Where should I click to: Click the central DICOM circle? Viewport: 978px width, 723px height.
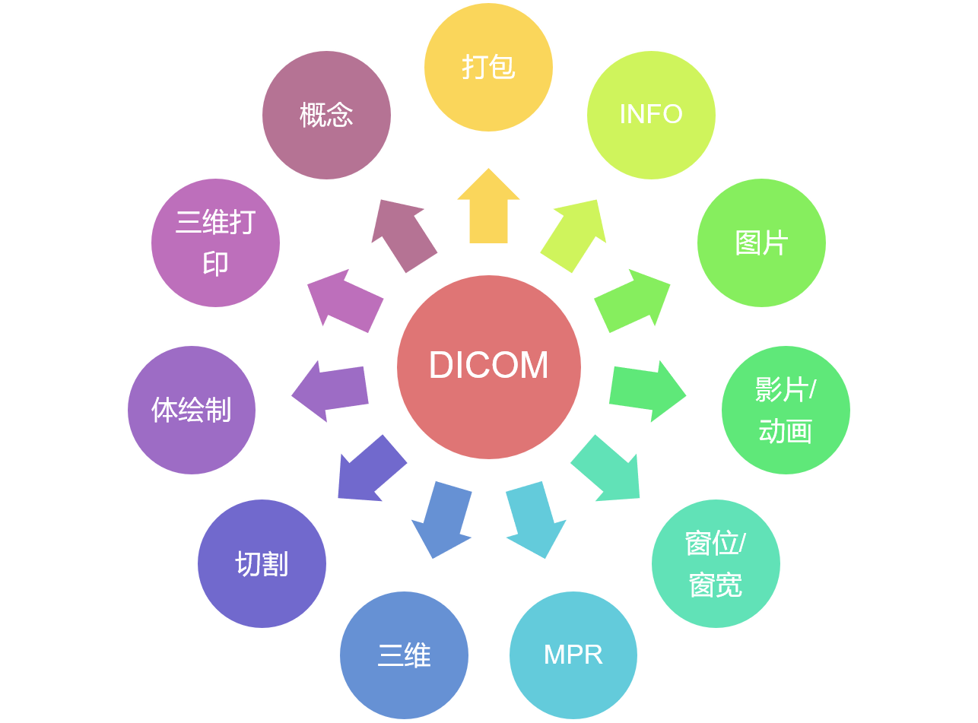[x=489, y=366]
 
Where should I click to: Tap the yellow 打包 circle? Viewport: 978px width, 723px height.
[x=488, y=67]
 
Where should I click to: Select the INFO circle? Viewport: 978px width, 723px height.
[x=651, y=115]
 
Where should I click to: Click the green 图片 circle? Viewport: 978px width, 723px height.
[x=761, y=243]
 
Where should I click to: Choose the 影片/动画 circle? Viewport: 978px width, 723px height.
[x=786, y=410]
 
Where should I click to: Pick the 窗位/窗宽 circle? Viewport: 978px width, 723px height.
[x=716, y=563]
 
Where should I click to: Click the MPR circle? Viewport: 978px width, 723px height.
[x=573, y=655]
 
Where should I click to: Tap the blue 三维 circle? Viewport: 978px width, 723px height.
[x=404, y=655]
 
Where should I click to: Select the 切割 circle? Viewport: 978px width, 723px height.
[x=262, y=563]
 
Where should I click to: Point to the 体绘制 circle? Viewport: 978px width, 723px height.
[x=192, y=410]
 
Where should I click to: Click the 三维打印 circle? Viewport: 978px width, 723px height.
[x=215, y=243]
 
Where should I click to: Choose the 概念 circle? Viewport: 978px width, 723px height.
[x=326, y=115]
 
